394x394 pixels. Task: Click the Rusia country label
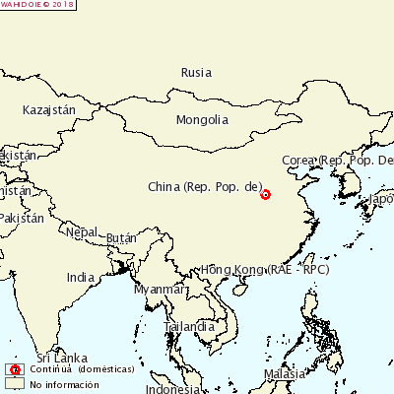pos(197,72)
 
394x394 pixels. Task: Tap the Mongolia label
pos(202,120)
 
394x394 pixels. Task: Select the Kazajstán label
pos(49,110)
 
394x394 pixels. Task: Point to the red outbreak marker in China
pos(265,194)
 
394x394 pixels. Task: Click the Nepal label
pos(82,232)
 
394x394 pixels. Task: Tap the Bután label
pos(120,238)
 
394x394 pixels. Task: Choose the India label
pos(81,278)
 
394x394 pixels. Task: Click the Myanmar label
pos(160,290)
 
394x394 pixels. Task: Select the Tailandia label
pos(190,326)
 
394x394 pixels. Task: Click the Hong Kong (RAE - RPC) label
pos(265,269)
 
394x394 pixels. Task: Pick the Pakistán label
pos(21,218)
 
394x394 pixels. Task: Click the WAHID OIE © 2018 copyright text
pos(37,5)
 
